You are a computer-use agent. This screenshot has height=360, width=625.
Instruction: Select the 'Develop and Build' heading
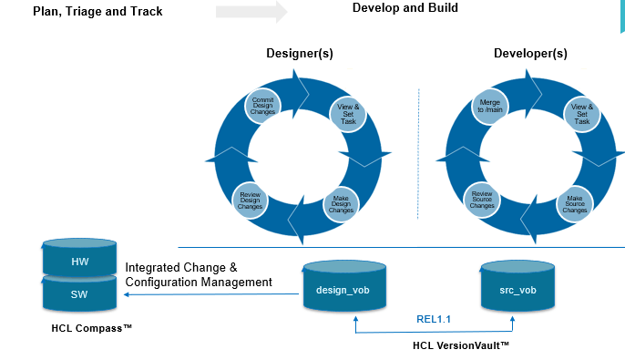point(405,8)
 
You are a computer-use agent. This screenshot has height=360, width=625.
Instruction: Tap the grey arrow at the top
point(251,12)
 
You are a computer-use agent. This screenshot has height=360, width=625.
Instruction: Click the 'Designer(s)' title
point(299,54)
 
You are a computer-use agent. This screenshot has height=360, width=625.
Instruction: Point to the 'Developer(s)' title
point(530,54)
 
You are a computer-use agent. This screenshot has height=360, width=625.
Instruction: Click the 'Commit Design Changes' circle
point(263,108)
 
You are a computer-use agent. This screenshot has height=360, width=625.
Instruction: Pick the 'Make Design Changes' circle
point(341,204)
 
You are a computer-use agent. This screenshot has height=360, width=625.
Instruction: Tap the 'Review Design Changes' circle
point(250,200)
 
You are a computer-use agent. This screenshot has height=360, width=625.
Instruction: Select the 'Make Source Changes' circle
point(574,204)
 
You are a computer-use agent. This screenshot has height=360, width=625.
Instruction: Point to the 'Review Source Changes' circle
point(482,200)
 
